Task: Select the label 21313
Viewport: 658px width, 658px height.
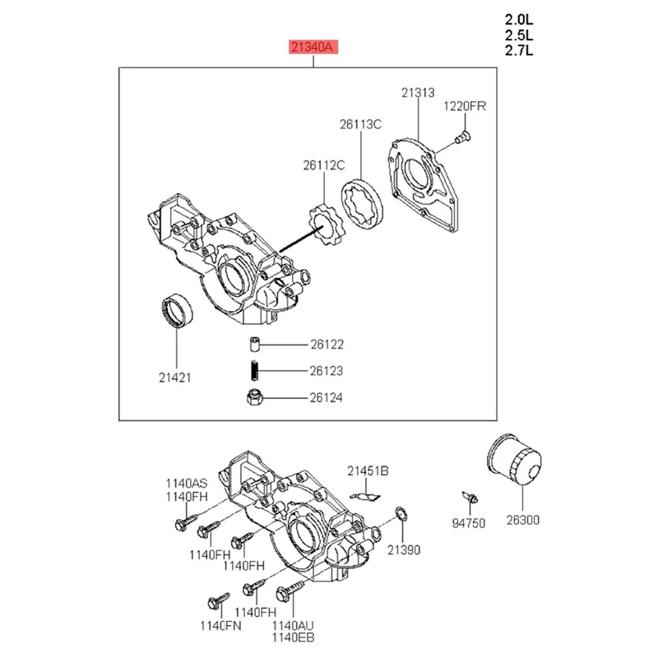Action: click(x=417, y=93)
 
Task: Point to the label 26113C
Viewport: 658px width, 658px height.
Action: click(x=361, y=125)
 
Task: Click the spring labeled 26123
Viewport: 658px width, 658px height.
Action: click(x=255, y=371)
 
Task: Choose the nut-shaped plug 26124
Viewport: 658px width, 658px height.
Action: click(x=255, y=398)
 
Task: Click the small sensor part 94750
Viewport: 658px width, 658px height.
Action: click(x=470, y=496)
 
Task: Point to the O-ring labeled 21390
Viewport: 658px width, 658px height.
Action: click(x=400, y=514)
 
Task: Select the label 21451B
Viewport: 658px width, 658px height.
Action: click(x=367, y=470)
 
